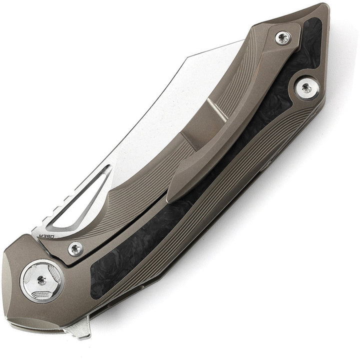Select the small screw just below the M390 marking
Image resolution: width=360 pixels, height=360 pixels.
tap(76, 248)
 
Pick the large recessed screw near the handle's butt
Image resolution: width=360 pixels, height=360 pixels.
tap(306, 89)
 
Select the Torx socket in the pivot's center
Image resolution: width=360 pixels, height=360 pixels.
tap(42, 280)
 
